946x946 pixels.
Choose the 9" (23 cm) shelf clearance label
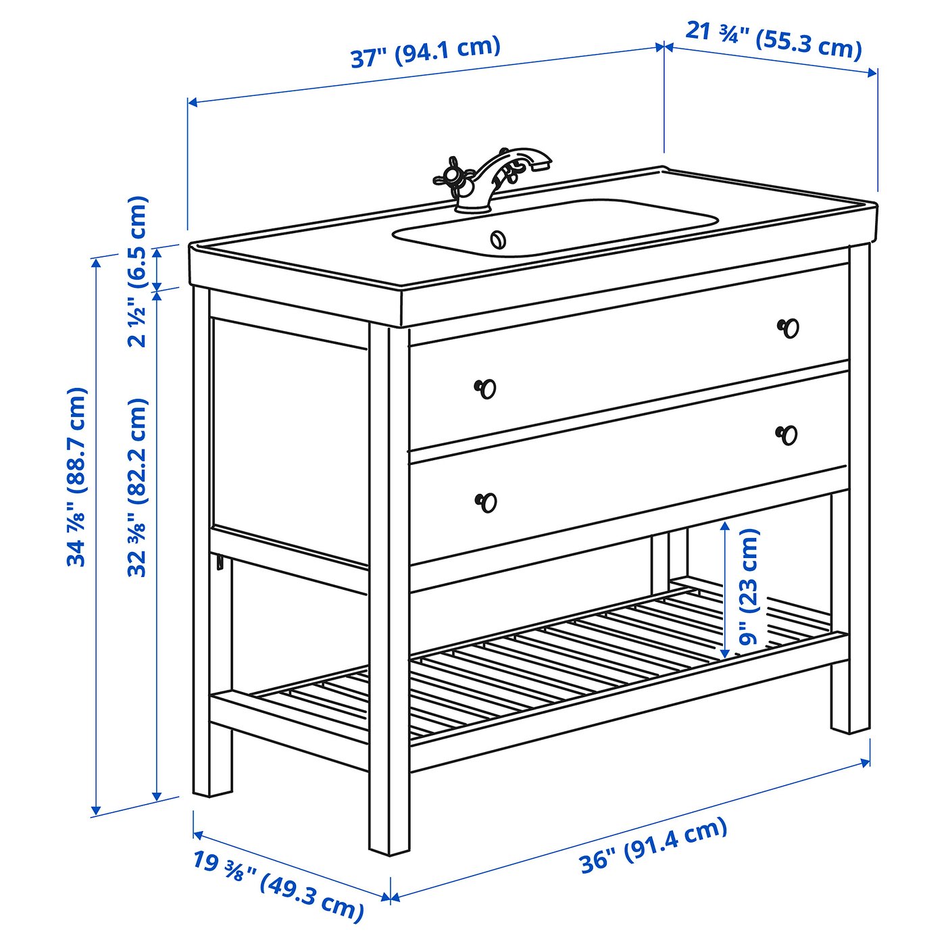(x=748, y=587)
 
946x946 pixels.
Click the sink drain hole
(x=498, y=239)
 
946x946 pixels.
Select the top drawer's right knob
(x=788, y=328)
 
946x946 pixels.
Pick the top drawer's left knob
(x=485, y=389)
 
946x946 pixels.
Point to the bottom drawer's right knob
(x=787, y=434)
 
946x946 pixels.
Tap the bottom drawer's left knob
(x=486, y=502)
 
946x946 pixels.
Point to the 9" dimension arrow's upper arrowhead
(x=724, y=527)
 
